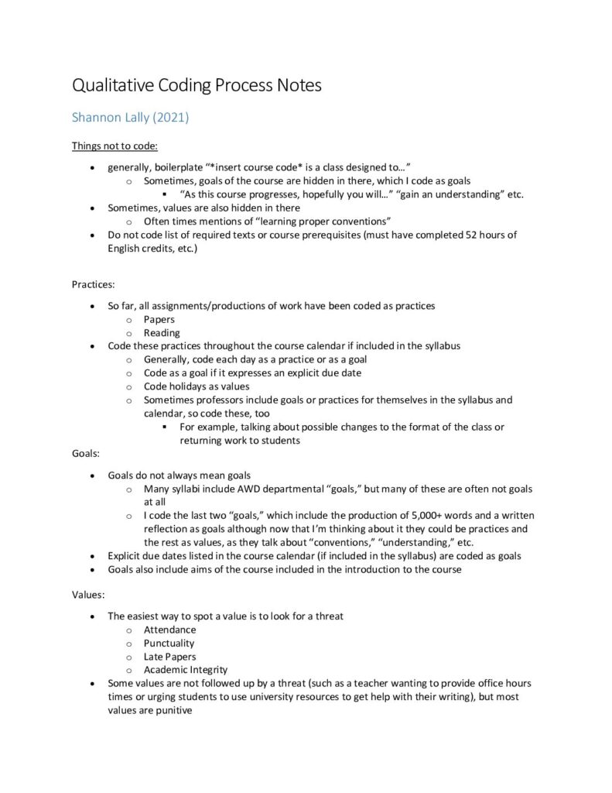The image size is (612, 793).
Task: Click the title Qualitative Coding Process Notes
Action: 197,84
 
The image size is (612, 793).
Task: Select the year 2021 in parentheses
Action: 171,118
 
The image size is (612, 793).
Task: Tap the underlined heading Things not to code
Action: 115,146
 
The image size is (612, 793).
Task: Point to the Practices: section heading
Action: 93,285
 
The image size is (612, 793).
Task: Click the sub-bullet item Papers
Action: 159,319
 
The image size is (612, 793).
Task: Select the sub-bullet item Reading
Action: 162,333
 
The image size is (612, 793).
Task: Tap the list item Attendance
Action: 169,630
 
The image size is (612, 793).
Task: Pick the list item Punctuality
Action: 169,643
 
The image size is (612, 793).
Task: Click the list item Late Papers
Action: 169,657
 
